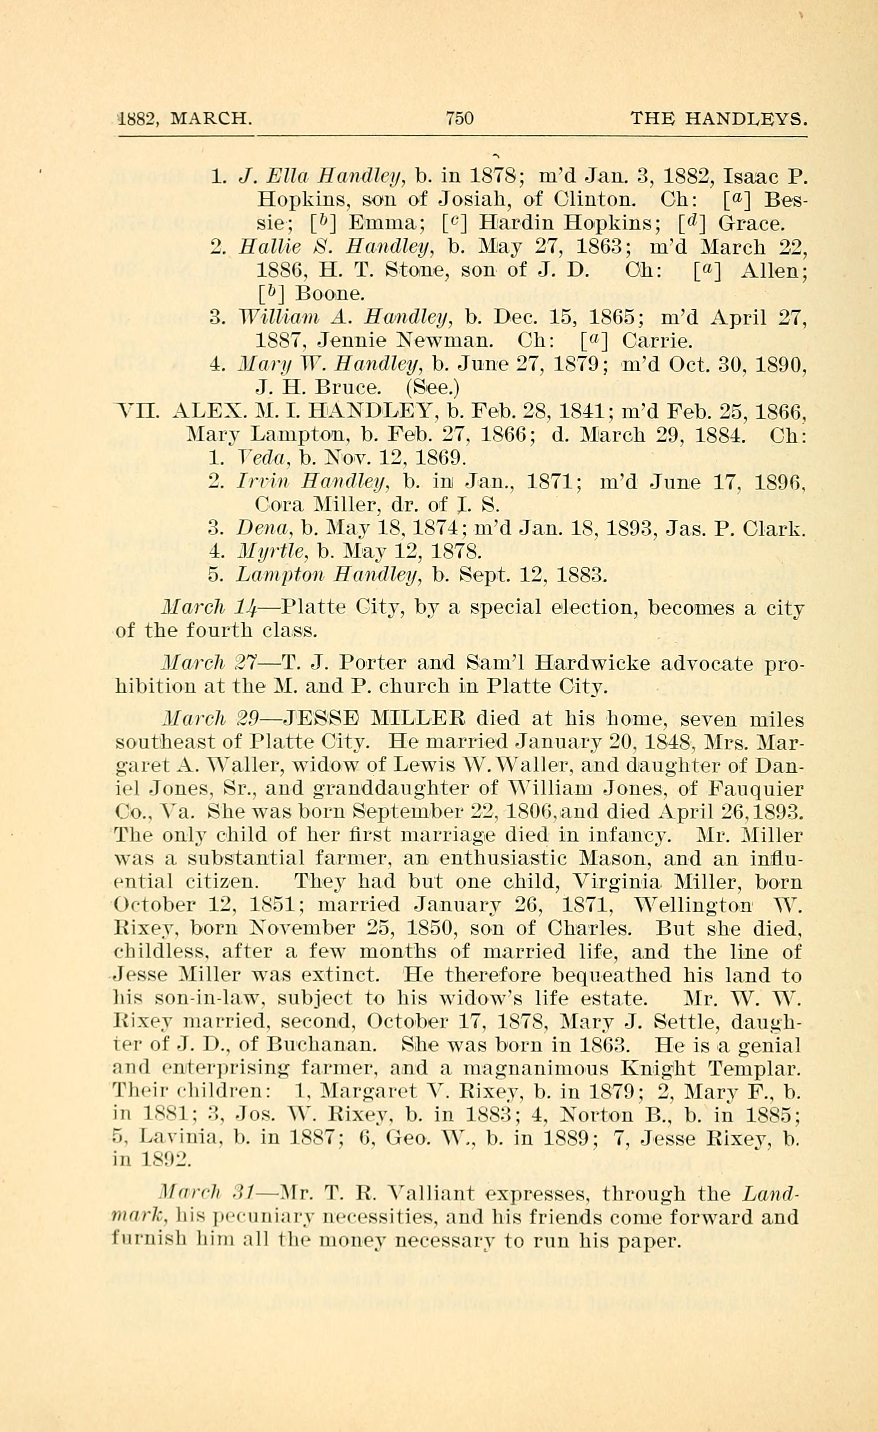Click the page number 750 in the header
tap(460, 119)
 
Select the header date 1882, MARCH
tap(185, 119)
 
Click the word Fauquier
tap(756, 789)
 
